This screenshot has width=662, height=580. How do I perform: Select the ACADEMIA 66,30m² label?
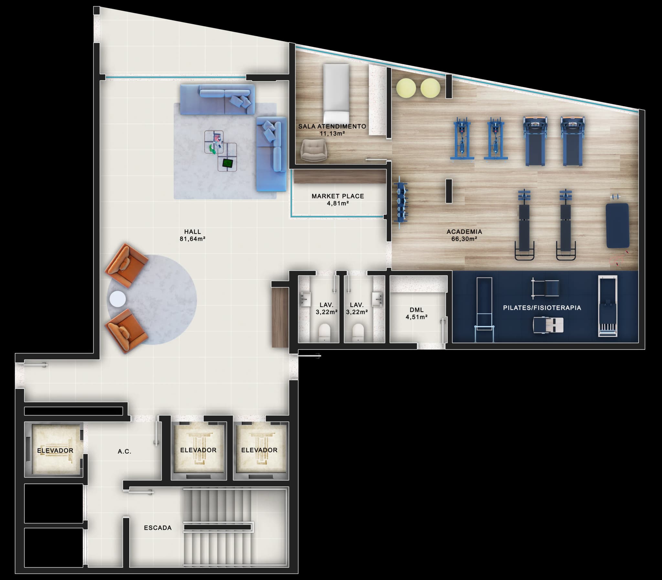464,235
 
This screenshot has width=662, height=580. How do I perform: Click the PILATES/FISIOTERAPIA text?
542,308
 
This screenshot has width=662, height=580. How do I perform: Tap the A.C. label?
124,451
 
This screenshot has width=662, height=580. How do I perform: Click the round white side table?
117,299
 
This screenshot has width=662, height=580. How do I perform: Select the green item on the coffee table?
212,149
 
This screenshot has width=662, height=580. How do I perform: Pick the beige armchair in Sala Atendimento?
314,150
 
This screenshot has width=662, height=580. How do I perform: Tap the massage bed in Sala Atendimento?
336,94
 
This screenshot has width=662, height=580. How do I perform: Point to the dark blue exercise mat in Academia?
617,226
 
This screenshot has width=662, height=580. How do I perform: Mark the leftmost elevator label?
55,451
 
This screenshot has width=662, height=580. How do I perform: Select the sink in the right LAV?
377,299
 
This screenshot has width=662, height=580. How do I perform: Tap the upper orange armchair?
126,265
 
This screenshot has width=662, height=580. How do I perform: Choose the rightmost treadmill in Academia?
572,141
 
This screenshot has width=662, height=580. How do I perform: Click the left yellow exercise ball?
406,88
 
